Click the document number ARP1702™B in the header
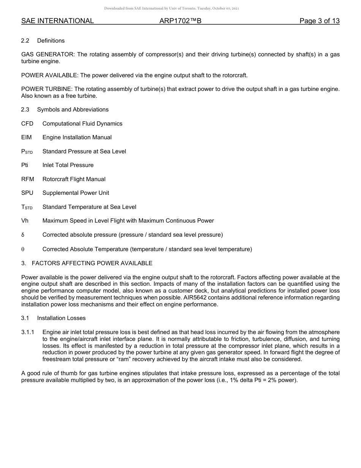tap(180, 21)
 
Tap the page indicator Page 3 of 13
tap(319, 21)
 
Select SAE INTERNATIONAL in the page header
tap(57, 21)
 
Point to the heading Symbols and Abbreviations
tap(73, 110)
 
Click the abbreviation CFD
tap(27, 124)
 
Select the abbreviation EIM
tap(26, 137)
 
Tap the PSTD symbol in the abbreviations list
tap(27, 151)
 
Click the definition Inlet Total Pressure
tap(68, 165)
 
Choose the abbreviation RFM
tap(27, 179)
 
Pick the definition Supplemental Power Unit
tap(76, 193)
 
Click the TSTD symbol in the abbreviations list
tap(27, 207)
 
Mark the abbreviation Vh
tap(25, 221)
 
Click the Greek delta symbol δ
tap(23, 235)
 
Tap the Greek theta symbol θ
tap(23, 250)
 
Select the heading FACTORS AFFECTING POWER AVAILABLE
tap(92, 263)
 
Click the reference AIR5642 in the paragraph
tap(203, 298)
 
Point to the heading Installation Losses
tap(61, 318)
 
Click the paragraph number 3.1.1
tap(28, 333)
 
